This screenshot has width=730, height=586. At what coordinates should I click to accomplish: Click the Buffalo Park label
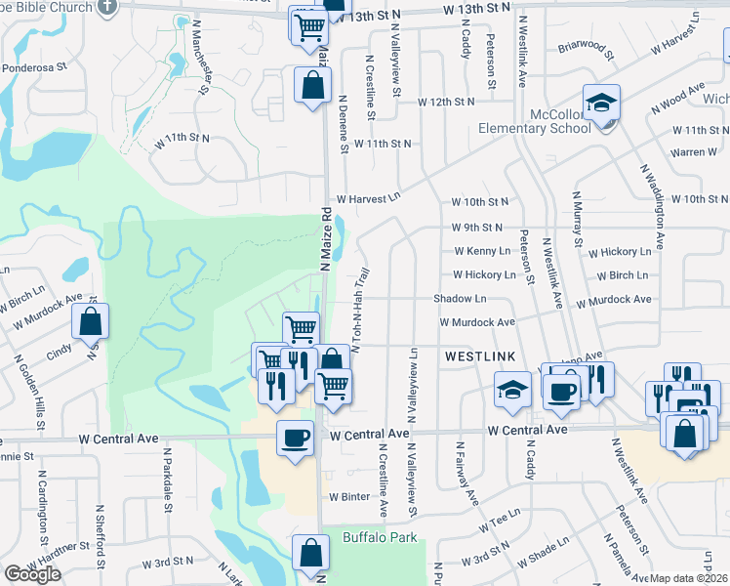point(380,538)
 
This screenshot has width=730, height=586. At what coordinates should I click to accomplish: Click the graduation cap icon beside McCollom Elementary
point(601,104)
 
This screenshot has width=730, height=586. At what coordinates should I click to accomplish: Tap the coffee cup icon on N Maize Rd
point(295,437)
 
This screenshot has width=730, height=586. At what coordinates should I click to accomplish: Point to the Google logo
point(32,575)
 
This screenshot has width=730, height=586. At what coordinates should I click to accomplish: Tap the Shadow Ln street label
point(453,299)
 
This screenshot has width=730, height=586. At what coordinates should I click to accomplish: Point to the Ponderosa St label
point(33,68)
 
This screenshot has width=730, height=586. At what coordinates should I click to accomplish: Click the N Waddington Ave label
point(653,206)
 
